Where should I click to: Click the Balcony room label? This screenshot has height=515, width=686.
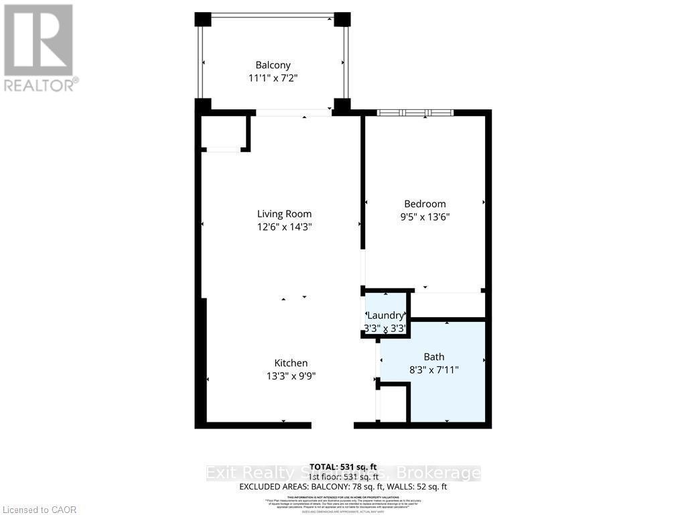(273, 65)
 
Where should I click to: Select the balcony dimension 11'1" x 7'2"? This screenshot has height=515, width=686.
(273, 78)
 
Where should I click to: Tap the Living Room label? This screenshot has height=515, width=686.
(284, 214)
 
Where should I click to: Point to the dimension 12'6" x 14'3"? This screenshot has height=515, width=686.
(284, 227)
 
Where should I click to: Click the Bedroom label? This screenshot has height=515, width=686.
(425, 204)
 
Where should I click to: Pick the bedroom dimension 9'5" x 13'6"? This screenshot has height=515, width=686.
(425, 217)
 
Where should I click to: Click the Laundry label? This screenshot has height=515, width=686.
(385, 315)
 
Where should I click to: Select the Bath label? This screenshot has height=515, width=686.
(433, 357)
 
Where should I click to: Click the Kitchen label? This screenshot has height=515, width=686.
(290, 363)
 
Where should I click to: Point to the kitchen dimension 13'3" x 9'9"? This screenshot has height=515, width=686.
(290, 376)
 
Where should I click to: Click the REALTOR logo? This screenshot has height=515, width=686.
(39, 48)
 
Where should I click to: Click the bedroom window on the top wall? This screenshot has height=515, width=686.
(415, 113)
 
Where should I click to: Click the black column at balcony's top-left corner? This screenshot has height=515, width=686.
(202, 19)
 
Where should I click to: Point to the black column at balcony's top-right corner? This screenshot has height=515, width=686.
(342, 19)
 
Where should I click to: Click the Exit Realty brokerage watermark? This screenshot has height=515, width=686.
(343, 473)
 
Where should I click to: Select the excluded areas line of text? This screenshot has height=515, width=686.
(343, 487)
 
